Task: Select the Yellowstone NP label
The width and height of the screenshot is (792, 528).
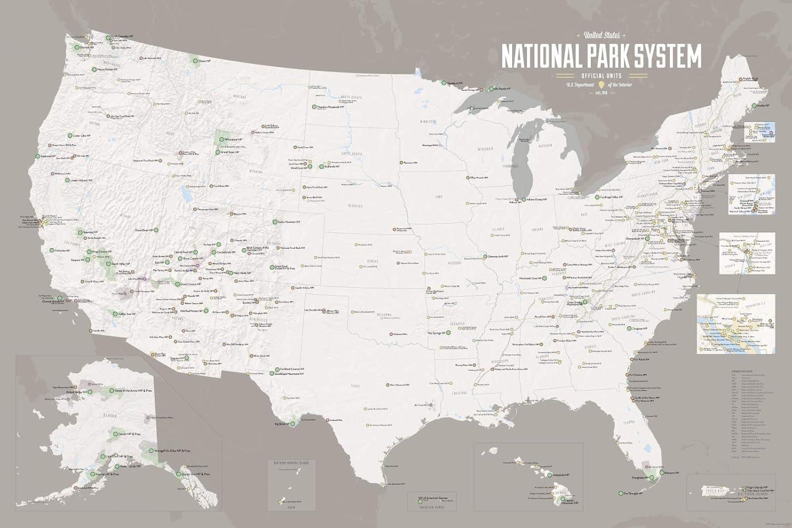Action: (233, 139)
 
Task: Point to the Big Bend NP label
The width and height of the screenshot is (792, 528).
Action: (282, 423)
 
